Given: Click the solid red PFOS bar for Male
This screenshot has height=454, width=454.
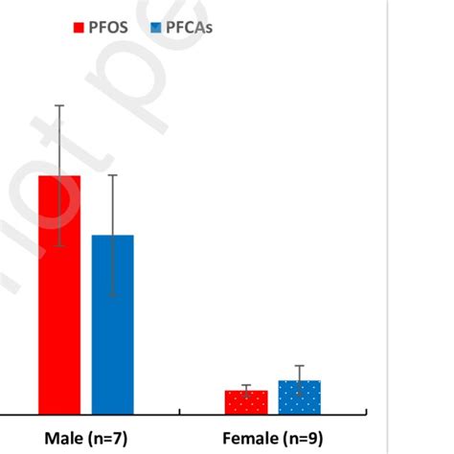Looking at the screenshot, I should (59, 306).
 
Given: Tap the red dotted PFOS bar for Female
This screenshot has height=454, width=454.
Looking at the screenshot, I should (246, 403).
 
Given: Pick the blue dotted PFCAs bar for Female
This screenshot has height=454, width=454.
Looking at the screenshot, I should (300, 398).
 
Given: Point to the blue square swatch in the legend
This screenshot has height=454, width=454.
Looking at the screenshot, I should (157, 28).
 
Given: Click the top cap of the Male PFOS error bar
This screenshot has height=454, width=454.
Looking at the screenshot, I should (59, 105).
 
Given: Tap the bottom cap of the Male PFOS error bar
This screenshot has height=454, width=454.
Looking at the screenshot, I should (59, 246).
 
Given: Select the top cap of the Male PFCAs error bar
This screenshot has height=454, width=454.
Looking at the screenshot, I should (113, 175).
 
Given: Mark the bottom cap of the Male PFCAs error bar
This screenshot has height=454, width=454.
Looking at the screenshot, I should (113, 295).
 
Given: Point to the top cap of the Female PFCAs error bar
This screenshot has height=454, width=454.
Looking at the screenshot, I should (300, 366).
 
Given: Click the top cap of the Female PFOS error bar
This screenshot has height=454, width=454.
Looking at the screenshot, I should (246, 385).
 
